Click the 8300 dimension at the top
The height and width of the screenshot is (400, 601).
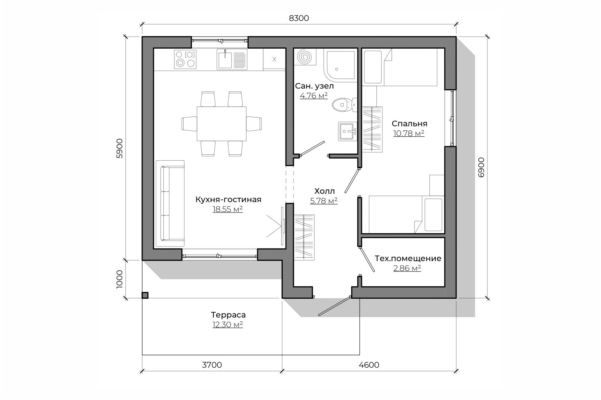(x=299, y=18)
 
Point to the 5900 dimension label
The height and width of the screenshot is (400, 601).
(x=119, y=148)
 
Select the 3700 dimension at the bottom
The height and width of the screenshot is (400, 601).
(x=212, y=365)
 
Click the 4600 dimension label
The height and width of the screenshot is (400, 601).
(x=369, y=365)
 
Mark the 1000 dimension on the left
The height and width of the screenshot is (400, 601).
(x=119, y=280)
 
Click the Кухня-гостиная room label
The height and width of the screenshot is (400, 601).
(x=228, y=199)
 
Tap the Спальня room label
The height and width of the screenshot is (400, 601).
(x=409, y=124)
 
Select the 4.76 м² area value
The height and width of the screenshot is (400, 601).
(x=314, y=96)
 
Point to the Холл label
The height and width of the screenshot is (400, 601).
(x=325, y=191)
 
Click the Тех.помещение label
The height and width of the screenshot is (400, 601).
(x=408, y=258)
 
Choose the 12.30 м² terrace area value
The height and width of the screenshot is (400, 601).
(x=228, y=325)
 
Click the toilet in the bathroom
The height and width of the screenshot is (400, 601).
(x=345, y=104)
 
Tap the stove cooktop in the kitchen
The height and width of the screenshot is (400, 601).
(x=185, y=59)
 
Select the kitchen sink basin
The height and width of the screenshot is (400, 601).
(x=225, y=60)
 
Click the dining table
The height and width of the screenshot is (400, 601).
(x=221, y=124)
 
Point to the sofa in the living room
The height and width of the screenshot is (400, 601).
(x=170, y=203)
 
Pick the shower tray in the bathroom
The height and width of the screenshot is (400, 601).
(x=341, y=65)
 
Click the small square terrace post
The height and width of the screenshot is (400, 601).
(x=145, y=295)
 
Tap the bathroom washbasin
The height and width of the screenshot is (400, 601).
(x=347, y=131)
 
